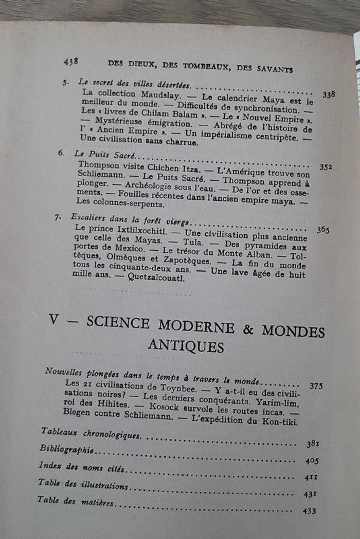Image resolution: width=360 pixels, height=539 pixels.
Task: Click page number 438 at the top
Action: point(71,61)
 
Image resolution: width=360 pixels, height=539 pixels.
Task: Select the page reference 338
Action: point(329,95)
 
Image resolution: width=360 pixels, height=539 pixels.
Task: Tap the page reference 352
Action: point(326,166)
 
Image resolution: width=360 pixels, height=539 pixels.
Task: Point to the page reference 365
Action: point(323,230)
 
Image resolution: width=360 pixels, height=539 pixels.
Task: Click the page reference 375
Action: point(316,385)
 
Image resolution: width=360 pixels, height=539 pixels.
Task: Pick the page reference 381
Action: point(313,444)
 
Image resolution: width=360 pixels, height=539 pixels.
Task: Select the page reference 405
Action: point(312,461)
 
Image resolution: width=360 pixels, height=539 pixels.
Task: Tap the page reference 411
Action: point(311,477)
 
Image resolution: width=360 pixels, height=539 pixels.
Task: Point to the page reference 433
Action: point(310,511)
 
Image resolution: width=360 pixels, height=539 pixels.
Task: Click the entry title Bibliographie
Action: point(66,449)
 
